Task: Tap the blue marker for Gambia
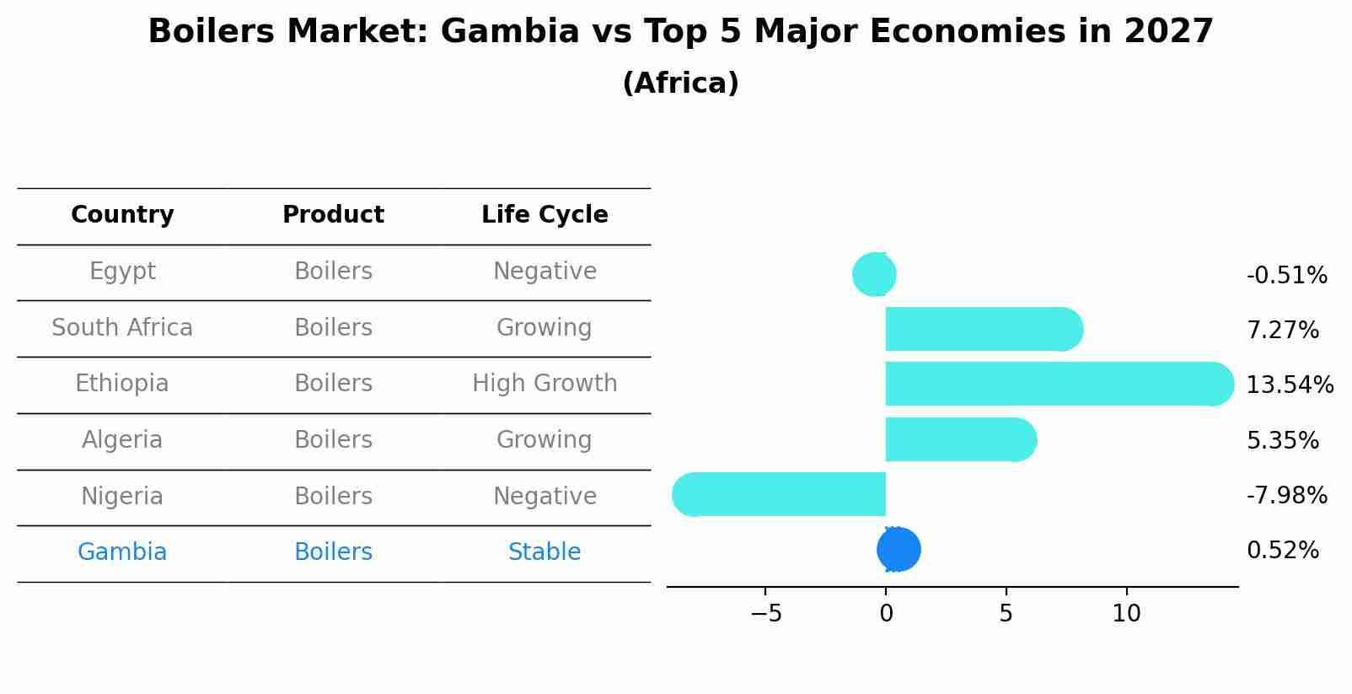pos(899,549)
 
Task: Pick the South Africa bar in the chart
pos(978,329)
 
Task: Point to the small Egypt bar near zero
pos(875,274)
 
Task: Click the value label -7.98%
pos(1286,495)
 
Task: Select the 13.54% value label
pos(1289,385)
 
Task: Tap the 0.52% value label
pos(1282,551)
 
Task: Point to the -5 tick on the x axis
pos(765,614)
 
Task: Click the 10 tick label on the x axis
pos(1126,614)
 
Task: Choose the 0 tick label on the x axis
pos(886,614)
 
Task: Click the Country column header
pos(122,215)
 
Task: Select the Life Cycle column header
pos(545,215)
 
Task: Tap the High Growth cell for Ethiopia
pos(545,384)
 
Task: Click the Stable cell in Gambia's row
pos(545,552)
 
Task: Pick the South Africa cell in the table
pos(122,327)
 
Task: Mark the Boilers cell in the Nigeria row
pos(333,496)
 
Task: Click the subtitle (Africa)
pos(680,83)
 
